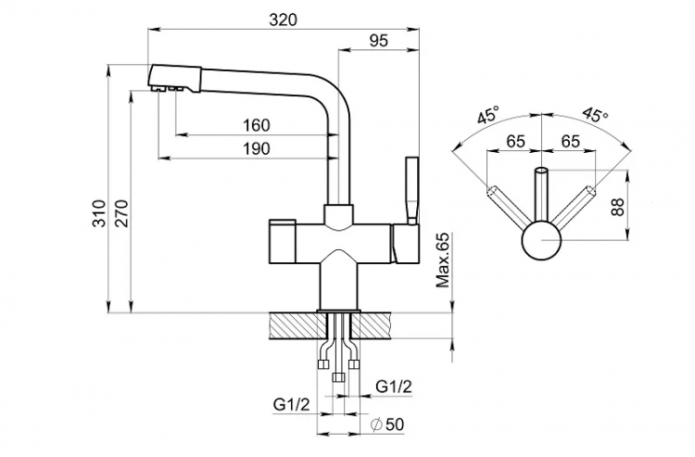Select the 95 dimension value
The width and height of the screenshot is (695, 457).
[377, 40]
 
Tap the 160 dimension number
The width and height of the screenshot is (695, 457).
[256, 125]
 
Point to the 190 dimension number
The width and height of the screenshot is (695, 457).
[256, 148]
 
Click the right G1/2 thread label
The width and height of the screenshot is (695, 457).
[394, 386]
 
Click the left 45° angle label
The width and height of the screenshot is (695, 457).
[488, 117]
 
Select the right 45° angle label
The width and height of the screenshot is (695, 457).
[595, 117]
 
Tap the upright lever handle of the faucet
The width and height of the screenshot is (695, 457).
[411, 190]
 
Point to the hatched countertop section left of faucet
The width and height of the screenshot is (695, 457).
[291, 325]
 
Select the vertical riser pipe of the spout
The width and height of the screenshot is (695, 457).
[339, 148]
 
